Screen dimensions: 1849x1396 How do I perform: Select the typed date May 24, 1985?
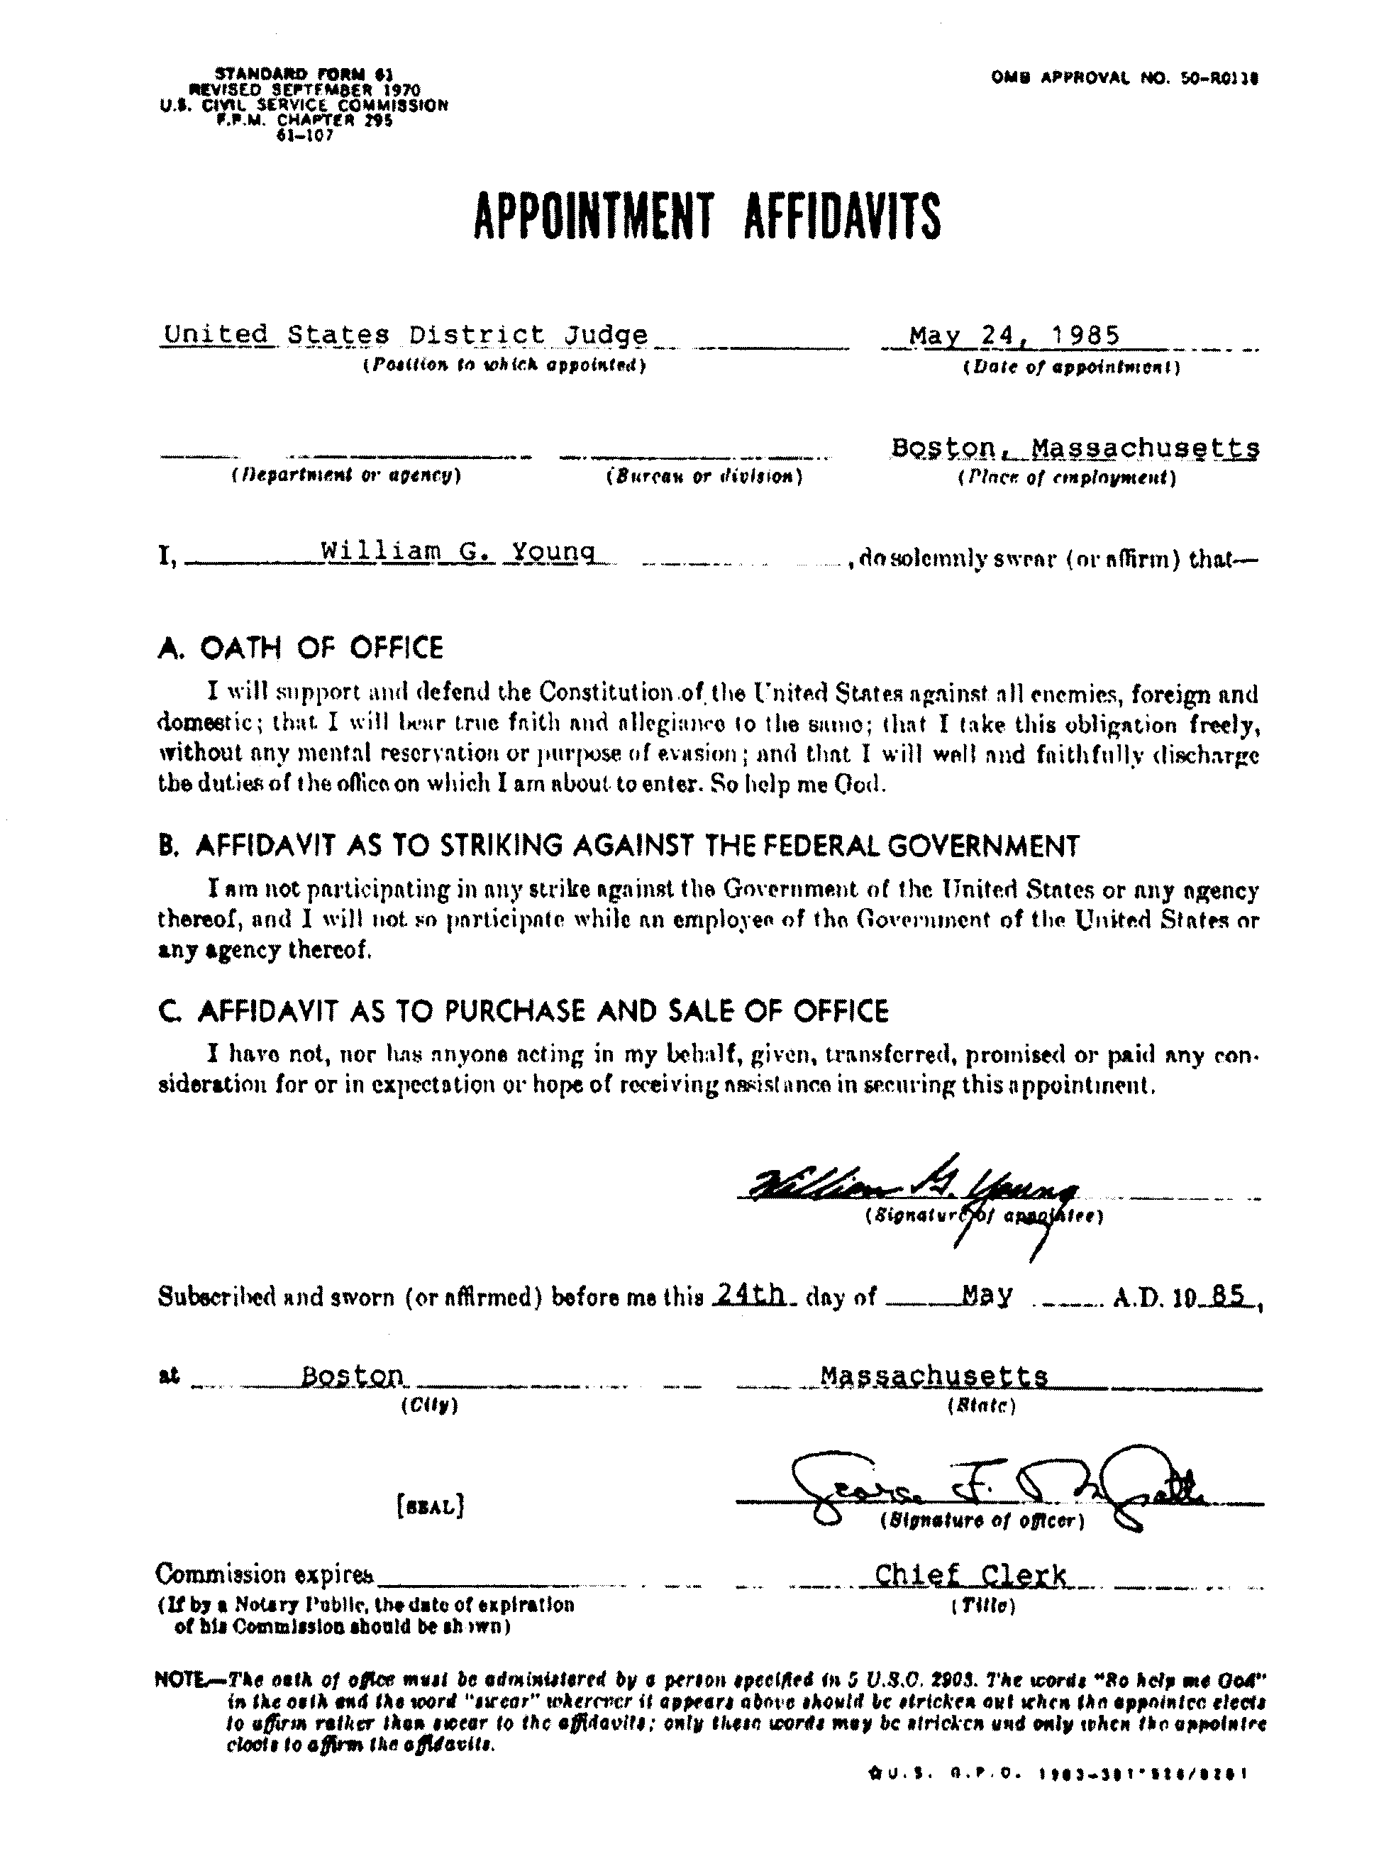point(1015,336)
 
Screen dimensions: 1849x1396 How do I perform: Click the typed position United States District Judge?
point(406,335)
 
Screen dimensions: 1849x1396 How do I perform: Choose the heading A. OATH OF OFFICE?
point(300,648)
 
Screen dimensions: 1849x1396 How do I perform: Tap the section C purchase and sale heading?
point(523,1012)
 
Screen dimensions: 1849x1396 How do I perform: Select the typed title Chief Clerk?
point(970,1576)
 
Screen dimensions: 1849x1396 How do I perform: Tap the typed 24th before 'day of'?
point(750,1295)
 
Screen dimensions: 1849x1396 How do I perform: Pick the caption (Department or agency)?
point(346,477)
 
